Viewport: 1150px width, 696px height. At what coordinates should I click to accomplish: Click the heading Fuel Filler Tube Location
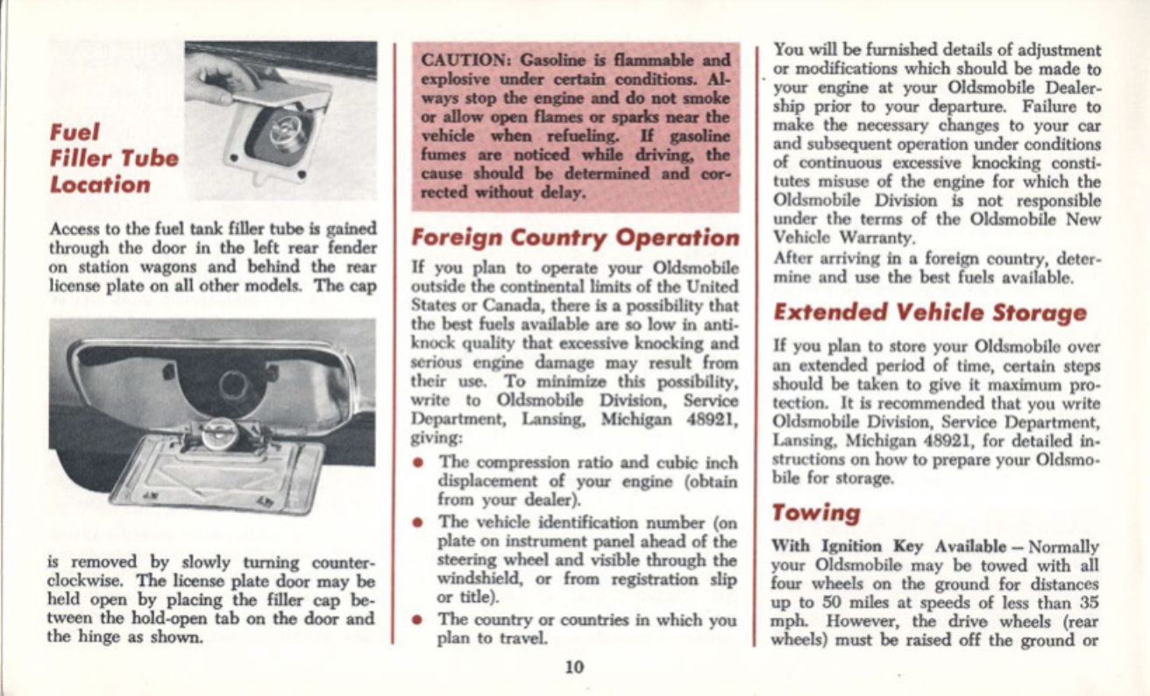(x=115, y=160)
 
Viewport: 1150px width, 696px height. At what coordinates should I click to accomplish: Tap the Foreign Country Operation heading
(x=575, y=238)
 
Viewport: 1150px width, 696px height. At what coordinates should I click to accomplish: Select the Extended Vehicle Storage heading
(x=930, y=312)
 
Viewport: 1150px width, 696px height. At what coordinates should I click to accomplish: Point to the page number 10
(x=574, y=667)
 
